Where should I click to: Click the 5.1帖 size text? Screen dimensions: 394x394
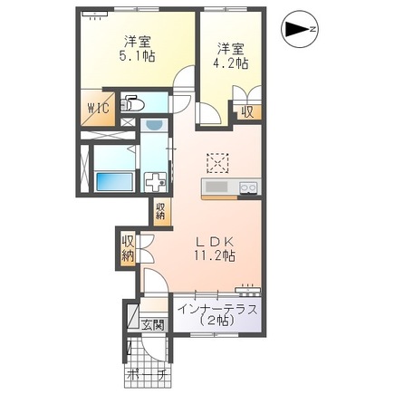137,56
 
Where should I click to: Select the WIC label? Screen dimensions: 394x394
98,108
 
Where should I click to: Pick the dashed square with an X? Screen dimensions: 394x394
218,161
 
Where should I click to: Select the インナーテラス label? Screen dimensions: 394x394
217,310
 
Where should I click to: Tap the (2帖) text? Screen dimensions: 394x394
217,322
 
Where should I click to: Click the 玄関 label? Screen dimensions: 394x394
153,324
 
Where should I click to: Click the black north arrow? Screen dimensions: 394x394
295,31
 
